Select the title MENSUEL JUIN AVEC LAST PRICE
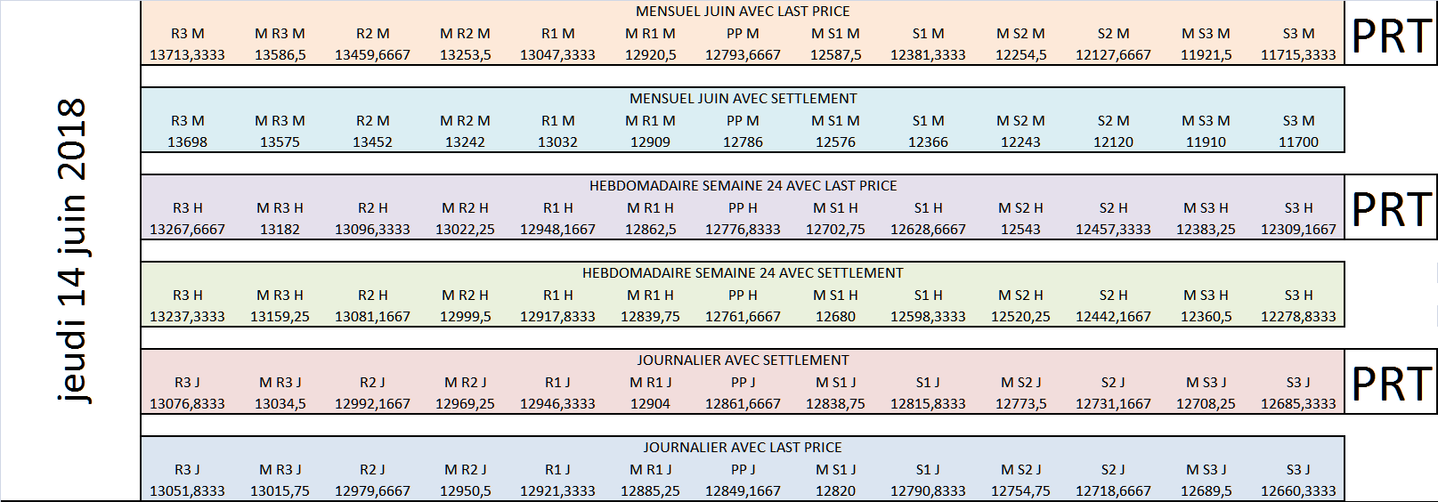[x=743, y=12]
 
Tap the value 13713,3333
[x=188, y=55]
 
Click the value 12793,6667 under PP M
[x=743, y=55]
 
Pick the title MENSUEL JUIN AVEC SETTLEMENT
[x=743, y=99]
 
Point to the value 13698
[x=188, y=142]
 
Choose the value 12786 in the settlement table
[x=743, y=142]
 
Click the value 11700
[x=1299, y=142]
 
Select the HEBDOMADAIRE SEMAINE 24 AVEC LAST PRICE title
[x=743, y=186]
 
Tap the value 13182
[x=280, y=230]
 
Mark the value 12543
[x=1020, y=230]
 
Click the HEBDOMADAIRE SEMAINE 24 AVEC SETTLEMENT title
[x=743, y=273]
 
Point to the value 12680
[x=835, y=317]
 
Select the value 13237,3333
[x=188, y=317]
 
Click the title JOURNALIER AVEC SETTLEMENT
[x=743, y=360]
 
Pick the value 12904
[x=650, y=404]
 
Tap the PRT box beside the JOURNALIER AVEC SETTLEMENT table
[x=1391, y=382]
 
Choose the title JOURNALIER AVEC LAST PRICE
[x=743, y=448]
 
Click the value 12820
[x=835, y=491]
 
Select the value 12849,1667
[x=743, y=491]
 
